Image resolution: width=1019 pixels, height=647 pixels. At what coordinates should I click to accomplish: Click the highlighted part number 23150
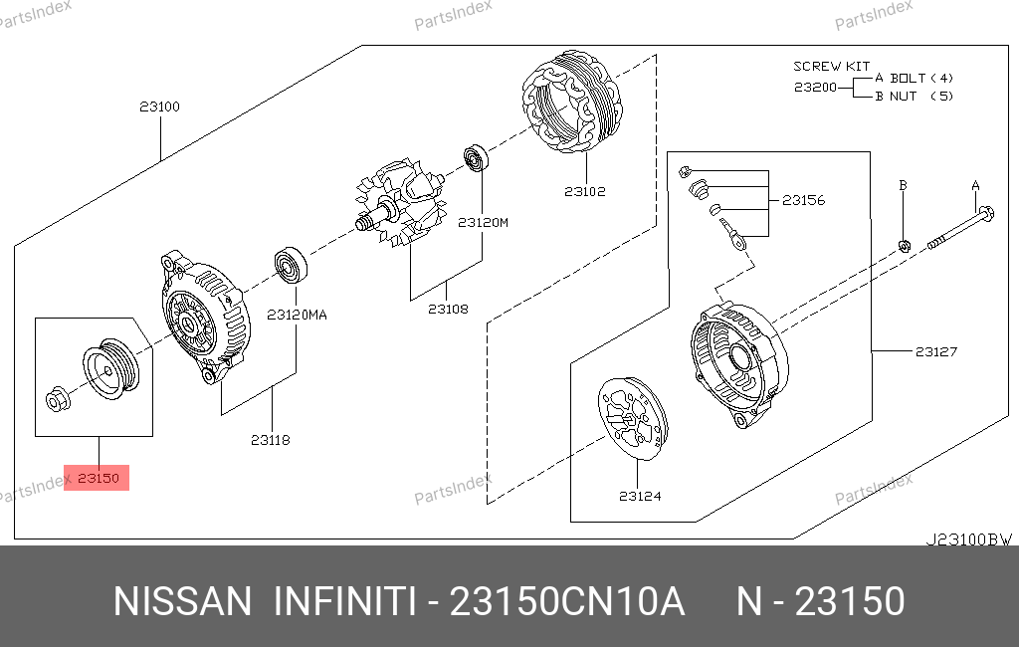point(99,479)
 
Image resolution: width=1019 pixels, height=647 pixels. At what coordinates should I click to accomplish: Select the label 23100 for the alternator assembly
point(160,107)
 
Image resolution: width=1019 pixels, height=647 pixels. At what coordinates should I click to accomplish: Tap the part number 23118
point(271,440)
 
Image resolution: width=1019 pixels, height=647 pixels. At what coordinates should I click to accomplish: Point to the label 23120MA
point(297,315)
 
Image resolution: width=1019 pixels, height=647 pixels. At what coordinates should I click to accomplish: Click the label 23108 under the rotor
point(448,309)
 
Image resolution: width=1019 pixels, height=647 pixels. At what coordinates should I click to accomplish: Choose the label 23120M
point(483,222)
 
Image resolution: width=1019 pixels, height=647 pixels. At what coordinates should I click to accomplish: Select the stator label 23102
point(585,192)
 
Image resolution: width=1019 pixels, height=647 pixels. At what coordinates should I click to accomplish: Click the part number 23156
point(804,200)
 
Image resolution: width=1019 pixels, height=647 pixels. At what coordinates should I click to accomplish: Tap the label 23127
point(936,351)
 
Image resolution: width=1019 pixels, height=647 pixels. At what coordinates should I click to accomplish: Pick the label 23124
point(640,496)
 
